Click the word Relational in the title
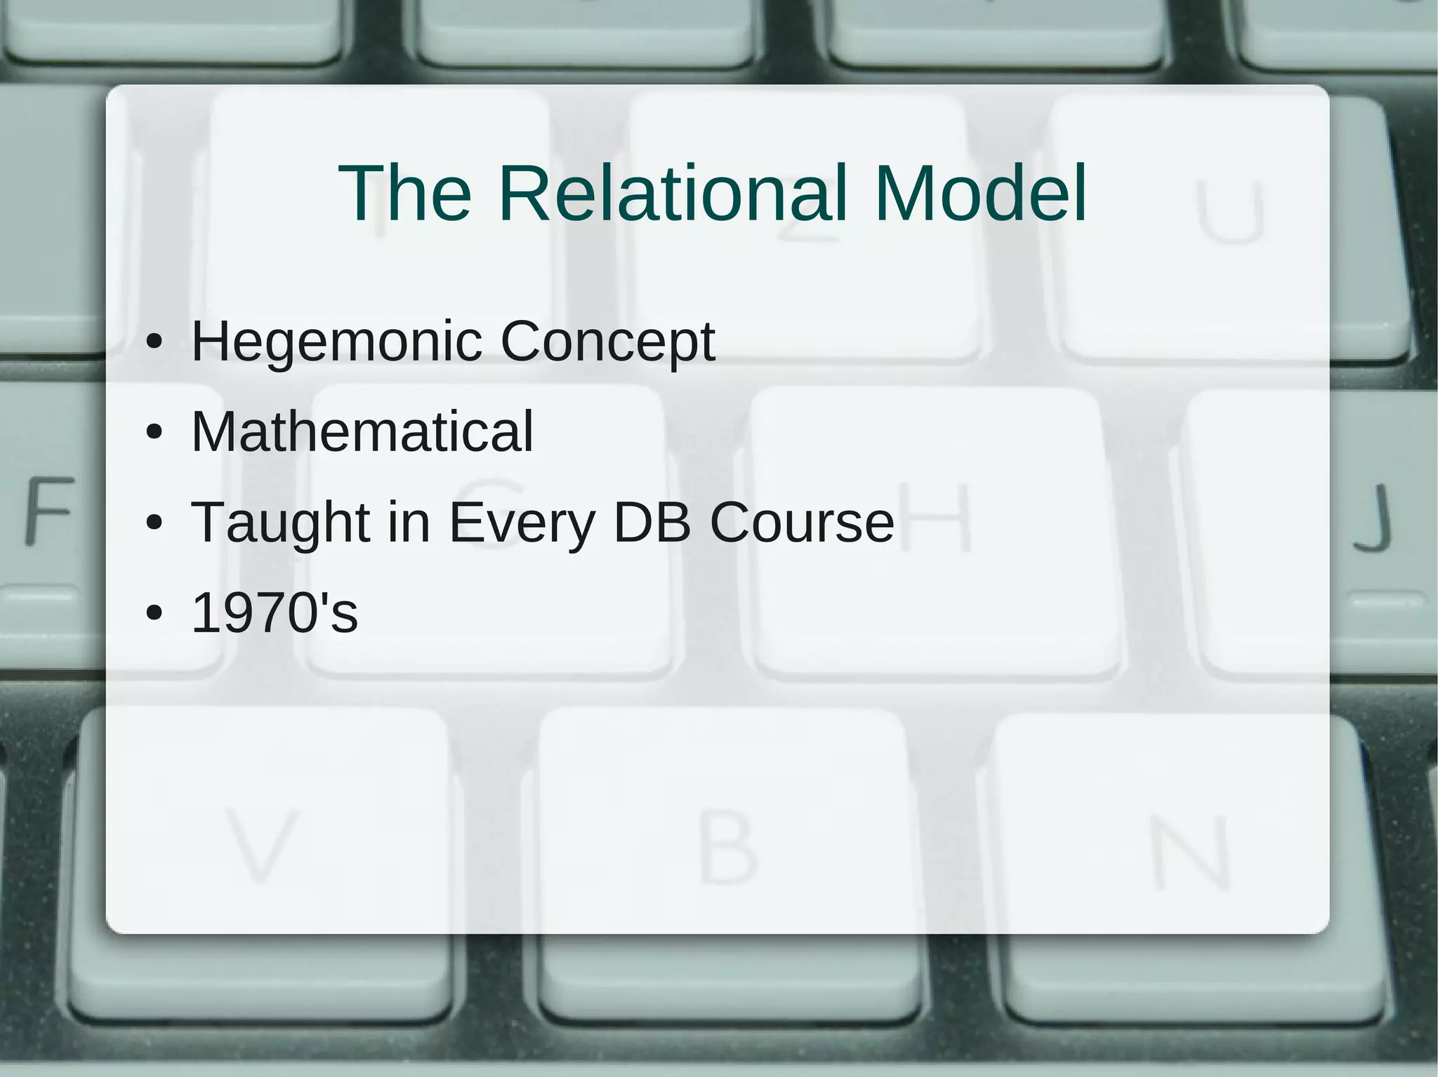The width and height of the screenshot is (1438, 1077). point(673,193)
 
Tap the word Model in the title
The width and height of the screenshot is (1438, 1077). point(981,193)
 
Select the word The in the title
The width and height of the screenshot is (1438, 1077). point(405,193)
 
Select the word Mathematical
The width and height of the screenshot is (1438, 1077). point(362,432)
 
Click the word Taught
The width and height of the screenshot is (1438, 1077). point(280,523)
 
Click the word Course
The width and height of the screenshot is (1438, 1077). point(802,522)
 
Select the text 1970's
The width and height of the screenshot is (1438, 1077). point(275,613)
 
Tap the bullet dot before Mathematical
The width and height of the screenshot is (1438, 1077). point(154,432)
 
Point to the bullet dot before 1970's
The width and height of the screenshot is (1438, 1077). point(154,613)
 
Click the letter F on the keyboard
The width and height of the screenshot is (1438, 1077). point(49,510)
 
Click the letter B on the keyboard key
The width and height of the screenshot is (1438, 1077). point(727,849)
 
